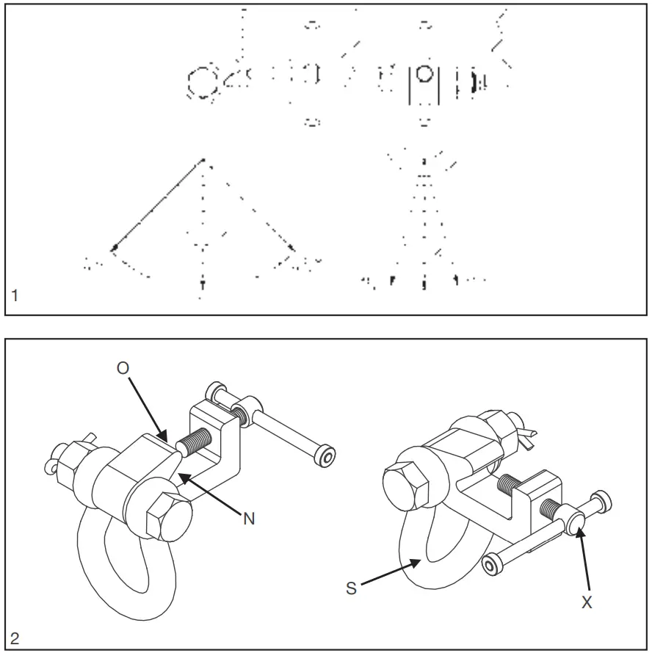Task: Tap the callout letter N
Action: click(249, 519)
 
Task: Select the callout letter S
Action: click(352, 588)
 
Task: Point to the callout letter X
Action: click(586, 602)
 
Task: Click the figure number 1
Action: click(15, 297)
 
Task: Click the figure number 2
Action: click(15, 638)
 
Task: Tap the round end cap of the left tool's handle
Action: click(321, 456)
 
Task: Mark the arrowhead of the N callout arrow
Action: click(181, 476)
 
